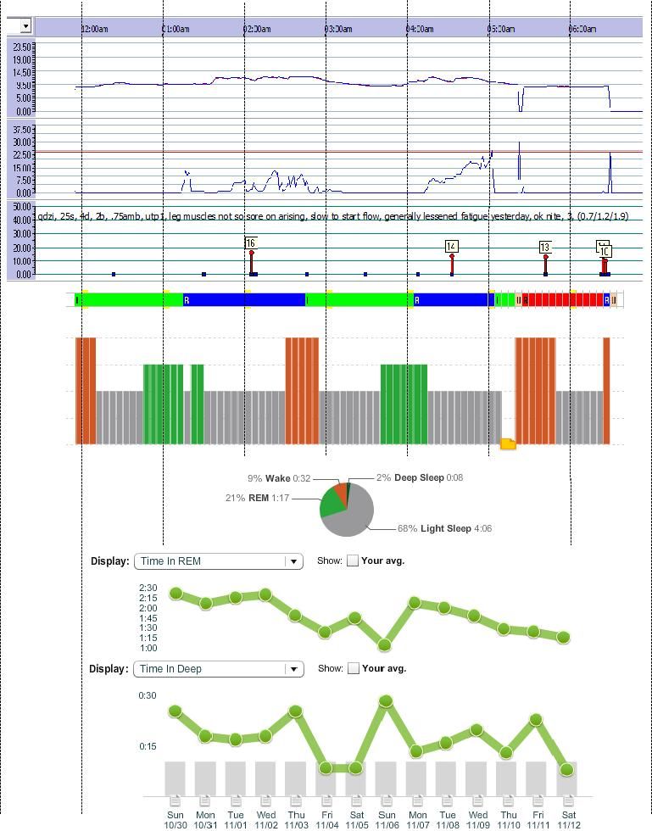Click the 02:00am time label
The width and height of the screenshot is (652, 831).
point(258,29)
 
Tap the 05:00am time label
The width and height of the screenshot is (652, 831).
point(502,29)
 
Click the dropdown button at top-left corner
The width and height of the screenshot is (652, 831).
point(25,26)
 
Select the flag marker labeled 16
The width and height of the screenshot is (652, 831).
point(251,243)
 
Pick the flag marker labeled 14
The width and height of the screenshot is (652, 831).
point(451,247)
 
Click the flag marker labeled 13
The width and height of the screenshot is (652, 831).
point(545,248)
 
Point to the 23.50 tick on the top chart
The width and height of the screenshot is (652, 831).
point(21,47)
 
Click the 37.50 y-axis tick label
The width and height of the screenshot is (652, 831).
point(21,130)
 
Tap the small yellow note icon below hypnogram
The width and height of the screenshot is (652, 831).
point(508,443)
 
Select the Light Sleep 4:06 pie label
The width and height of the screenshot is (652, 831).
point(444,529)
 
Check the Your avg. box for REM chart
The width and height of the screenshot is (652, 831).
point(353,561)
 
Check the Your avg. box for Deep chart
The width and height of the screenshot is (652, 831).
point(353,668)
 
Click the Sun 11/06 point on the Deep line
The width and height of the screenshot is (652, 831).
point(386,701)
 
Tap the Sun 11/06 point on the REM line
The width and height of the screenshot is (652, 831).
point(385,645)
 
